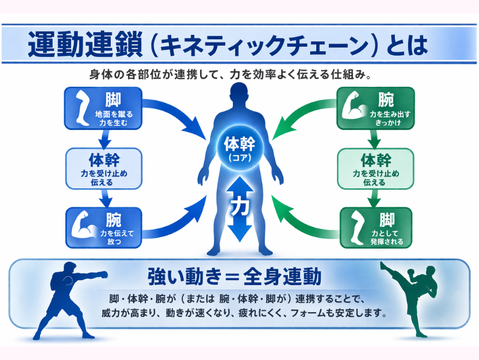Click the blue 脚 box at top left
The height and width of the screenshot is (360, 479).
point(103,108)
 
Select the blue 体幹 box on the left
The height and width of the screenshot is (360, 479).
point(103,168)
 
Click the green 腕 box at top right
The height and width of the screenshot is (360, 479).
point(375,108)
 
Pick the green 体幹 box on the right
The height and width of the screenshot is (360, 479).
point(375,168)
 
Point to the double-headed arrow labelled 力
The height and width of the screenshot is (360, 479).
point(239,207)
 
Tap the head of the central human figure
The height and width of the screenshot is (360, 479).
point(239,95)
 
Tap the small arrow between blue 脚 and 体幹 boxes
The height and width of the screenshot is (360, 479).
point(103,138)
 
